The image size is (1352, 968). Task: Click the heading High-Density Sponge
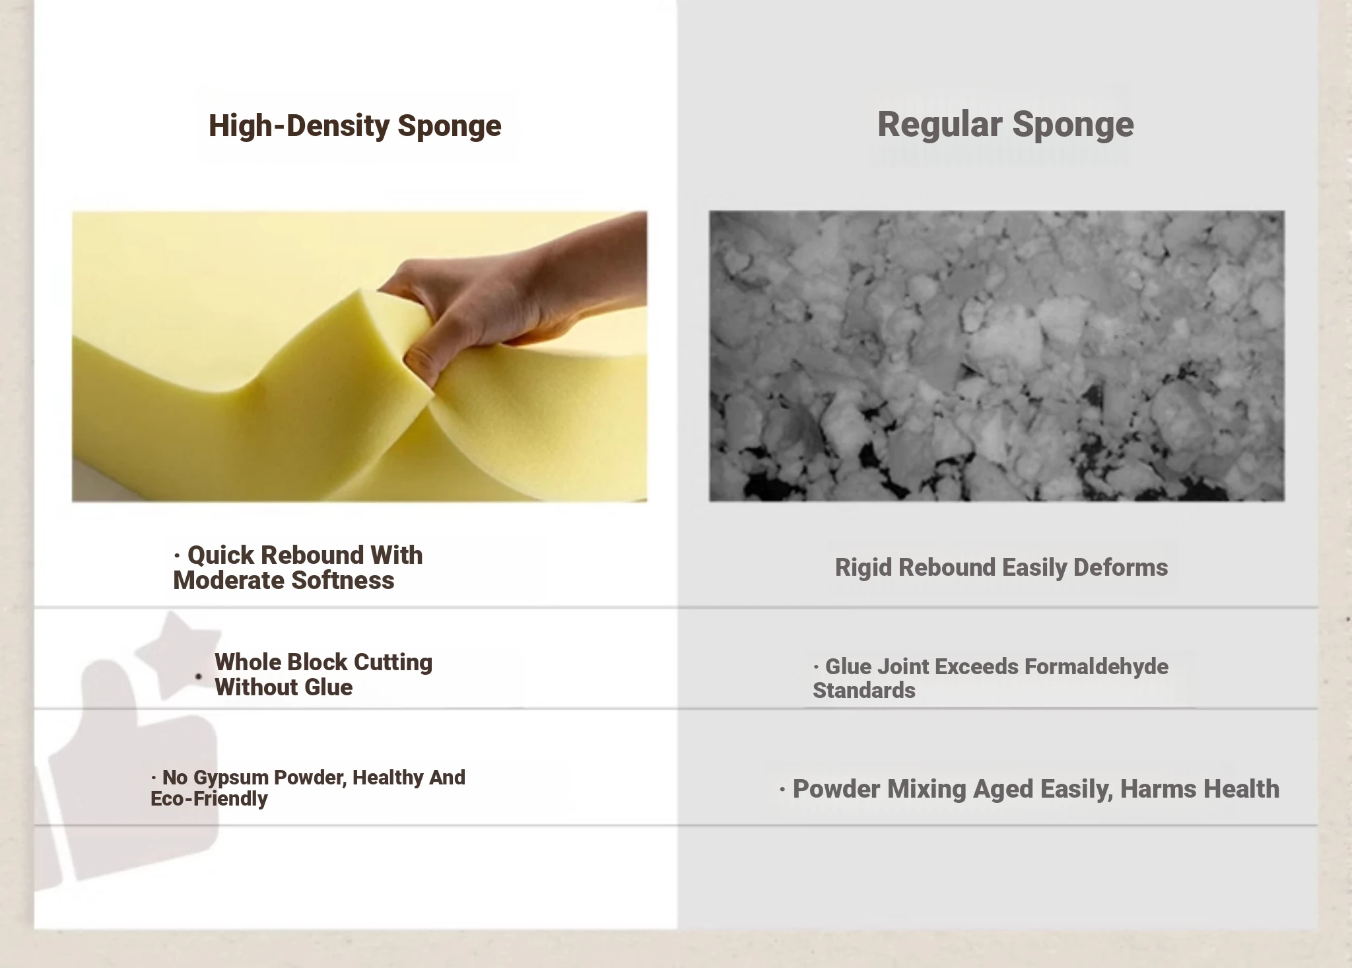[x=355, y=125]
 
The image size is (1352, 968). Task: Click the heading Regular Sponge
[x=1005, y=125]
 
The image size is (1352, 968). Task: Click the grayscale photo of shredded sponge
[x=997, y=356]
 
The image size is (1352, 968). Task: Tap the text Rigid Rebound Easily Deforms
[x=1001, y=567]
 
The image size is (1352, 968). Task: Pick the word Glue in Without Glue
[x=329, y=687]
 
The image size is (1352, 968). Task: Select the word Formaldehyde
[x=1097, y=667]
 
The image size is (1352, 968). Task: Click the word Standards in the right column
[x=864, y=691]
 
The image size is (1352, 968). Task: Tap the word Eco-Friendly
[x=209, y=799]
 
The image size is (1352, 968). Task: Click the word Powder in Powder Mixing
[x=836, y=789]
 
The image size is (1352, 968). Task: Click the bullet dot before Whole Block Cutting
[x=199, y=676]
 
